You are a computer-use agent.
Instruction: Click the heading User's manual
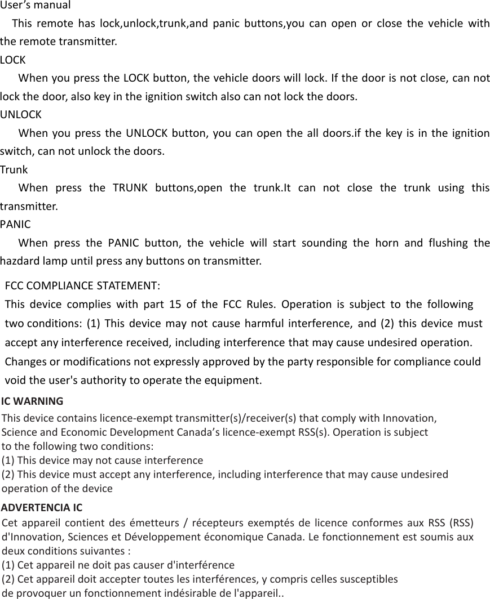(x=36, y=6)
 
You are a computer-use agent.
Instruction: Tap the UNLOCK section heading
(x=20, y=115)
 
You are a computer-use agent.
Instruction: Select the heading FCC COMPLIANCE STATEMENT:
(x=82, y=284)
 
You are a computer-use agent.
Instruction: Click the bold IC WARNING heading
(x=32, y=401)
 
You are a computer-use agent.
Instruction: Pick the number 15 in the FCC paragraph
(x=175, y=305)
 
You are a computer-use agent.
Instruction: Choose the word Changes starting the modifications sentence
(x=25, y=361)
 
